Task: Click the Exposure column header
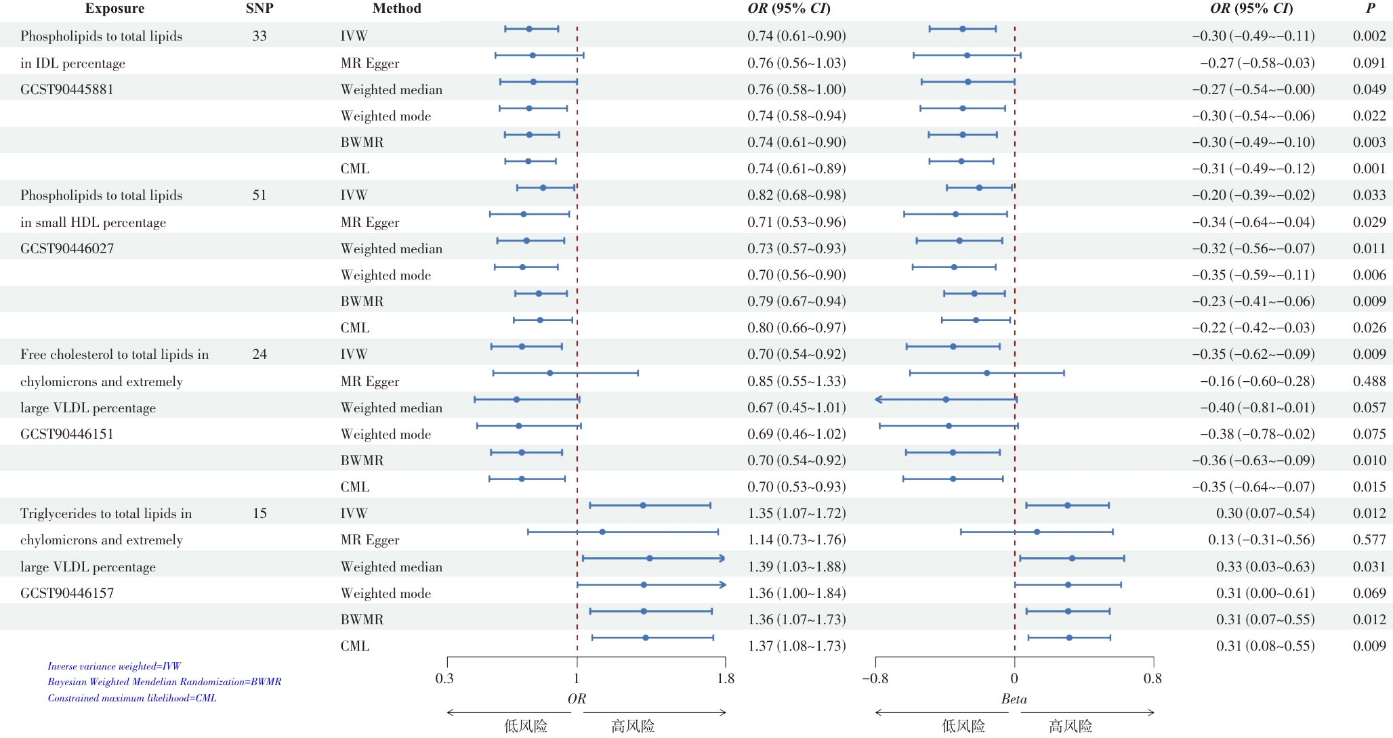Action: (x=115, y=9)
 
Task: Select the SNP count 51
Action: (x=259, y=195)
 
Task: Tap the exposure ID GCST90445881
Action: (x=67, y=89)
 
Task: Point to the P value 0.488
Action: (x=1369, y=381)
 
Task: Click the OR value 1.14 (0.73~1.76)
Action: (x=797, y=540)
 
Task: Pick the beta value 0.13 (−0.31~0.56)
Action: (x=1261, y=540)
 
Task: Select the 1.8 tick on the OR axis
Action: (x=726, y=678)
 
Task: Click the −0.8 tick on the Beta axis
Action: (x=875, y=678)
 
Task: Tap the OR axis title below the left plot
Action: (x=577, y=699)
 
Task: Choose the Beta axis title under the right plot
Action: (x=1014, y=699)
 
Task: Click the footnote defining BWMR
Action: (x=164, y=682)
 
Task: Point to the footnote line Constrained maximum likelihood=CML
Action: (x=132, y=698)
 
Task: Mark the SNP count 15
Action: (x=259, y=513)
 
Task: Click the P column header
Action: (x=1370, y=9)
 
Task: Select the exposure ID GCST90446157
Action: (x=67, y=593)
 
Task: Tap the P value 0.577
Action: (x=1369, y=540)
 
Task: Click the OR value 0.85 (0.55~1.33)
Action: (x=797, y=381)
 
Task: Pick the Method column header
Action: (x=396, y=9)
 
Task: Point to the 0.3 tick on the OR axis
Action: (x=444, y=678)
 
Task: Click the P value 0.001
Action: (x=1369, y=169)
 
